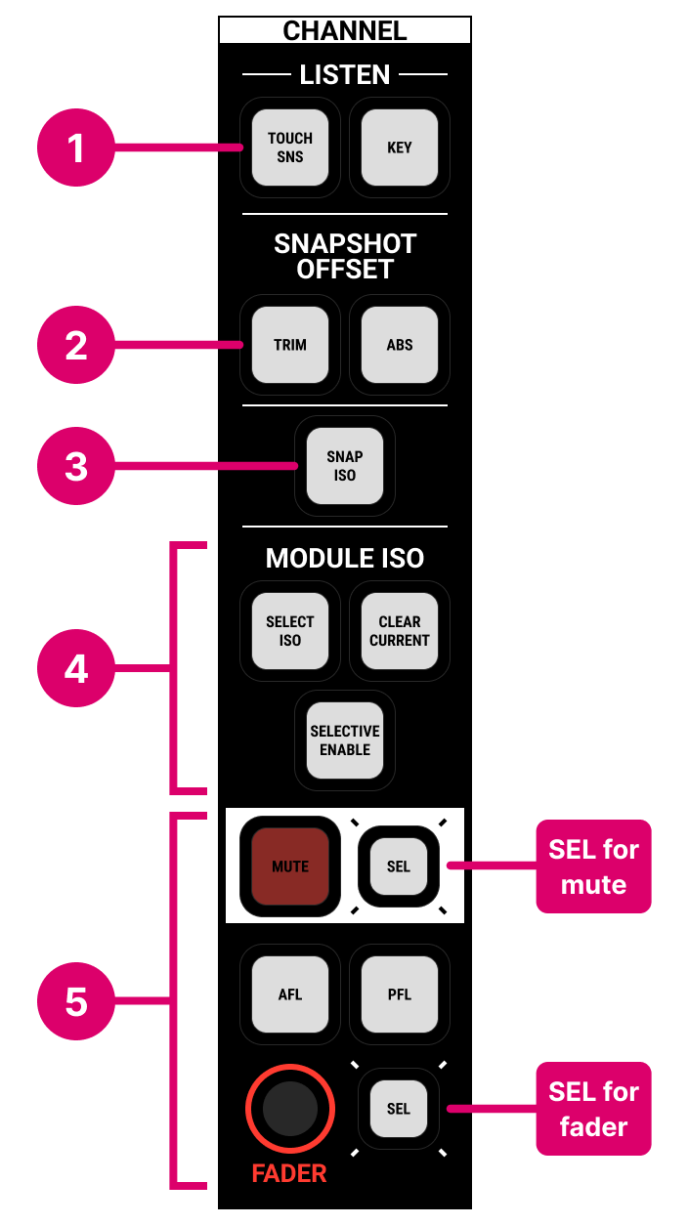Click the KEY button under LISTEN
(x=399, y=148)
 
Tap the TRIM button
(x=290, y=345)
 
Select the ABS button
(x=399, y=345)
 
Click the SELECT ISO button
(x=290, y=631)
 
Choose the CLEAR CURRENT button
(x=399, y=631)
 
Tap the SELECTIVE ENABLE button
(x=345, y=740)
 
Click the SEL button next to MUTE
(x=398, y=866)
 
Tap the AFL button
(x=290, y=994)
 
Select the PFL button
(x=399, y=994)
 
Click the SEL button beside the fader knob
(x=398, y=1109)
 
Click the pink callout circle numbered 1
(x=76, y=148)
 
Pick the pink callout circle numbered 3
(x=76, y=466)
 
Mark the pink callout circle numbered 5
(x=76, y=1002)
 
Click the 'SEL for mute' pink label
(x=593, y=866)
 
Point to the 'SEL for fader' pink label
(x=593, y=1109)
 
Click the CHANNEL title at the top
(x=345, y=30)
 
